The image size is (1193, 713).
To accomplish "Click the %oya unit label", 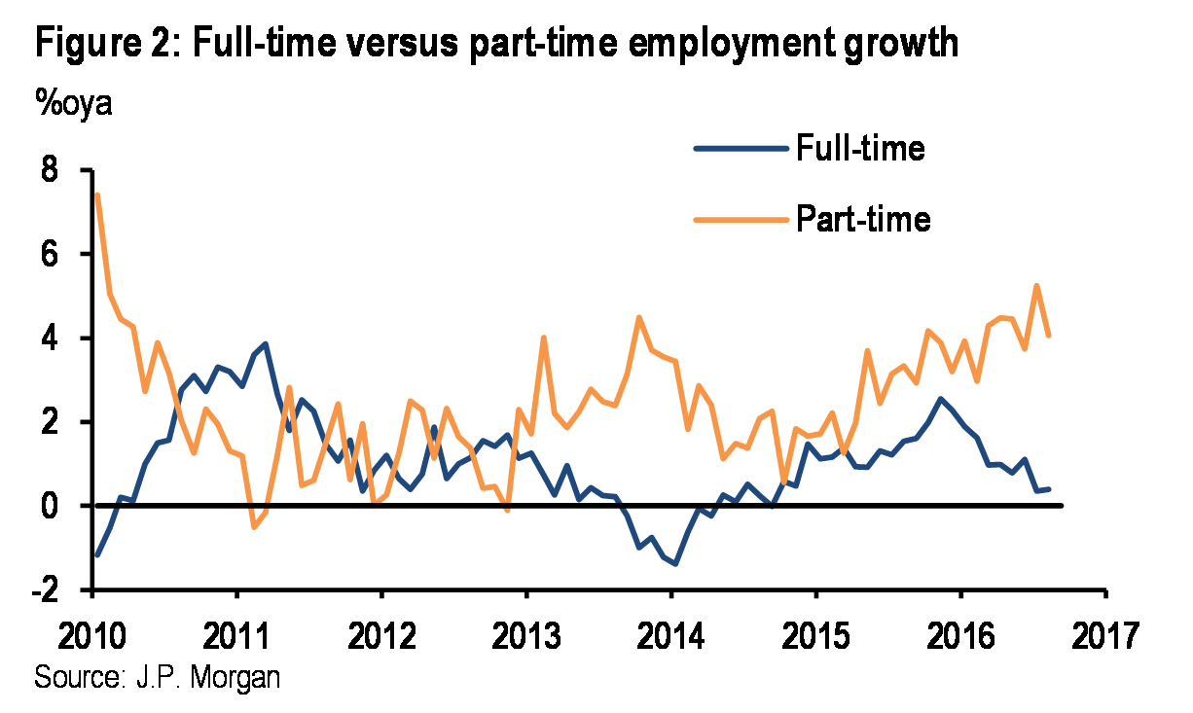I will point(74,102).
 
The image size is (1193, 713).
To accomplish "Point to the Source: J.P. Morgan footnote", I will point(157,676).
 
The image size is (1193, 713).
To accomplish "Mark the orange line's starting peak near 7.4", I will point(97,196).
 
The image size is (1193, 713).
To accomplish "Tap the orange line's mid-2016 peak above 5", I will point(1036,286).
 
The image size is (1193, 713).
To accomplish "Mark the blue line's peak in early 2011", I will point(265,343).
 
